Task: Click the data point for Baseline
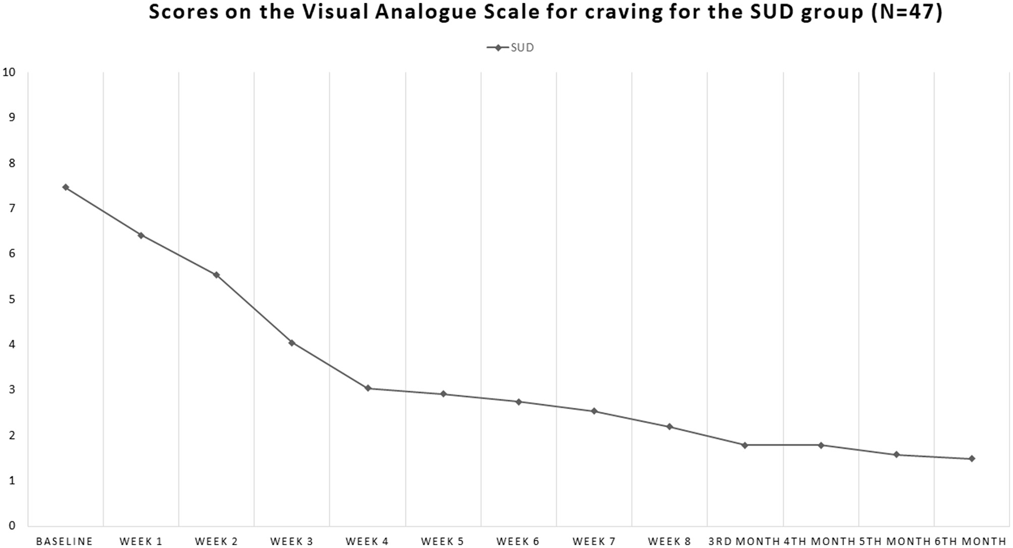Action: pos(66,187)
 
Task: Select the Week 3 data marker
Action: pos(292,343)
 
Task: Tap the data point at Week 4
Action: pos(368,388)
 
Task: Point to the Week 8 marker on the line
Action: pos(669,427)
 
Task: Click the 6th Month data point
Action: pos(972,459)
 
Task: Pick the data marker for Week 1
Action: pos(141,235)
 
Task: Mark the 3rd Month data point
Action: pos(745,445)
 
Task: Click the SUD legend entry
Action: pos(511,48)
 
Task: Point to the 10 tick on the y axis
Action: pos(9,73)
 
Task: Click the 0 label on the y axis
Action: pos(12,526)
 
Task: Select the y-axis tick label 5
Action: pos(12,299)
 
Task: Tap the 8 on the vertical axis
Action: pos(12,163)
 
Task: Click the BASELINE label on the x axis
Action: pos(65,541)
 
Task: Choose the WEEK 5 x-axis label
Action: pos(442,541)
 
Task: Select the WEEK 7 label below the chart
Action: pos(594,541)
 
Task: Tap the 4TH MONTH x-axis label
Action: pos(820,541)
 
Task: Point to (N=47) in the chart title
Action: pos(906,13)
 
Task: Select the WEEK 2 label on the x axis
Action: pos(216,541)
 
